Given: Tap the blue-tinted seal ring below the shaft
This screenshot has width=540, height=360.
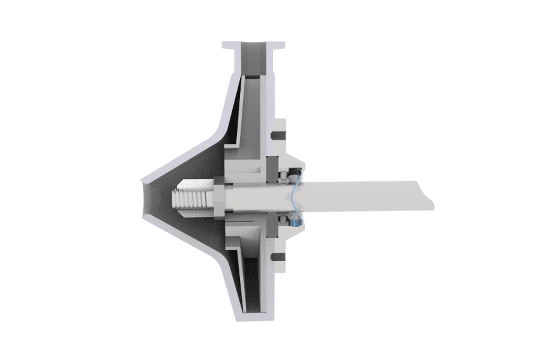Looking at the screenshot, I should pos(295,223).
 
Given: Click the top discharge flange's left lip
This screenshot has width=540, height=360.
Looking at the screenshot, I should pos(229,45).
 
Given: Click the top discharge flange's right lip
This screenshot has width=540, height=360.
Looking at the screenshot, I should pos(278,45).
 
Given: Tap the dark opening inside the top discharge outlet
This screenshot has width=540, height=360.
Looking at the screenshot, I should pos(253,60).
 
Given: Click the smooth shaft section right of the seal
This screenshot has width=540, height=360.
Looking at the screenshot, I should pos(360,196).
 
